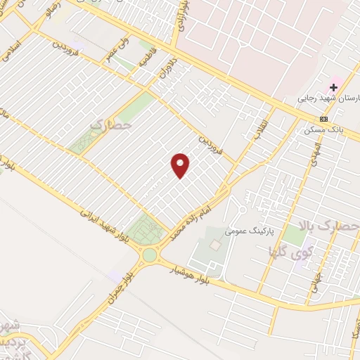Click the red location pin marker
click(x=181, y=165)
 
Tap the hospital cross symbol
click(x=334, y=87)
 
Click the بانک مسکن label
click(x=324, y=131)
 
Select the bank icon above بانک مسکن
click(x=323, y=118)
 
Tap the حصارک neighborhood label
click(x=110, y=125)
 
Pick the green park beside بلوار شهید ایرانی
click(x=148, y=227)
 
